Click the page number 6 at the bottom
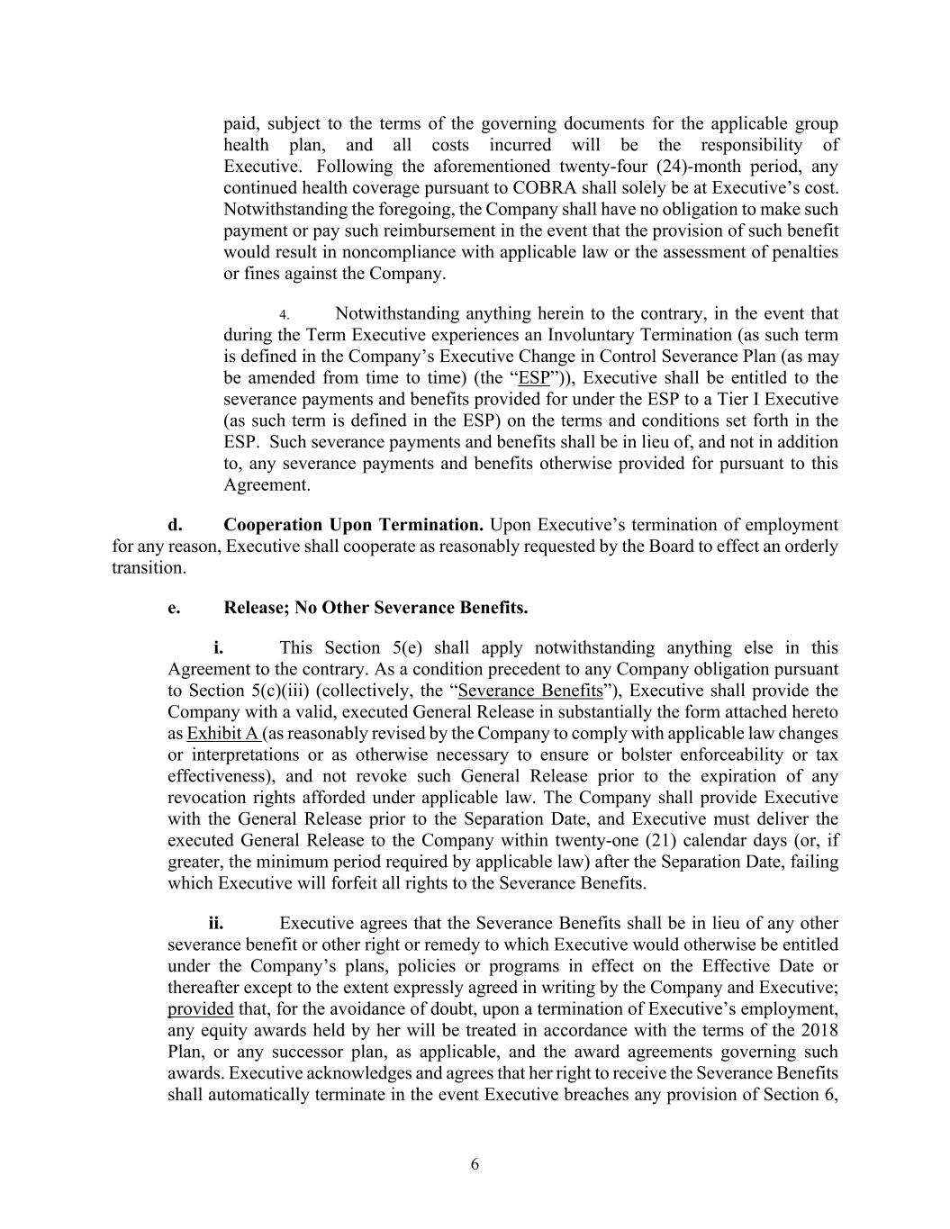tap(475, 1164)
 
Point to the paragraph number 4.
tap(283, 315)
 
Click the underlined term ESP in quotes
tap(534, 378)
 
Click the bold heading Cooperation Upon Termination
tap(353, 525)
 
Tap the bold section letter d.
tap(175, 525)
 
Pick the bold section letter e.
tap(174, 608)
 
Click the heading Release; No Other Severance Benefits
tap(375, 608)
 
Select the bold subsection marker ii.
tap(216, 923)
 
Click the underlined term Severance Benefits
tap(530, 691)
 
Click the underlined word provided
tap(201, 1008)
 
